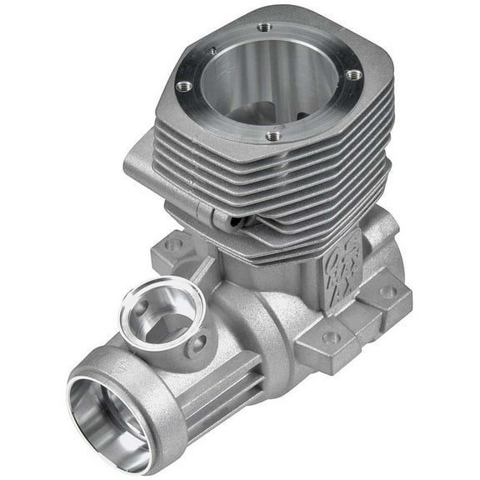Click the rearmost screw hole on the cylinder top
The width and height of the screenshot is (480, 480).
264,27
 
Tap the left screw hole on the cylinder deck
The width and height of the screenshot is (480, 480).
186,85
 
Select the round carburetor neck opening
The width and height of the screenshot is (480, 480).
165,310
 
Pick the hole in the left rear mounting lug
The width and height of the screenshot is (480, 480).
174,245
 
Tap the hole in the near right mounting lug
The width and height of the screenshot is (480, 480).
331,337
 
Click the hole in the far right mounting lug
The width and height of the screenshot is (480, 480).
387,292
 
